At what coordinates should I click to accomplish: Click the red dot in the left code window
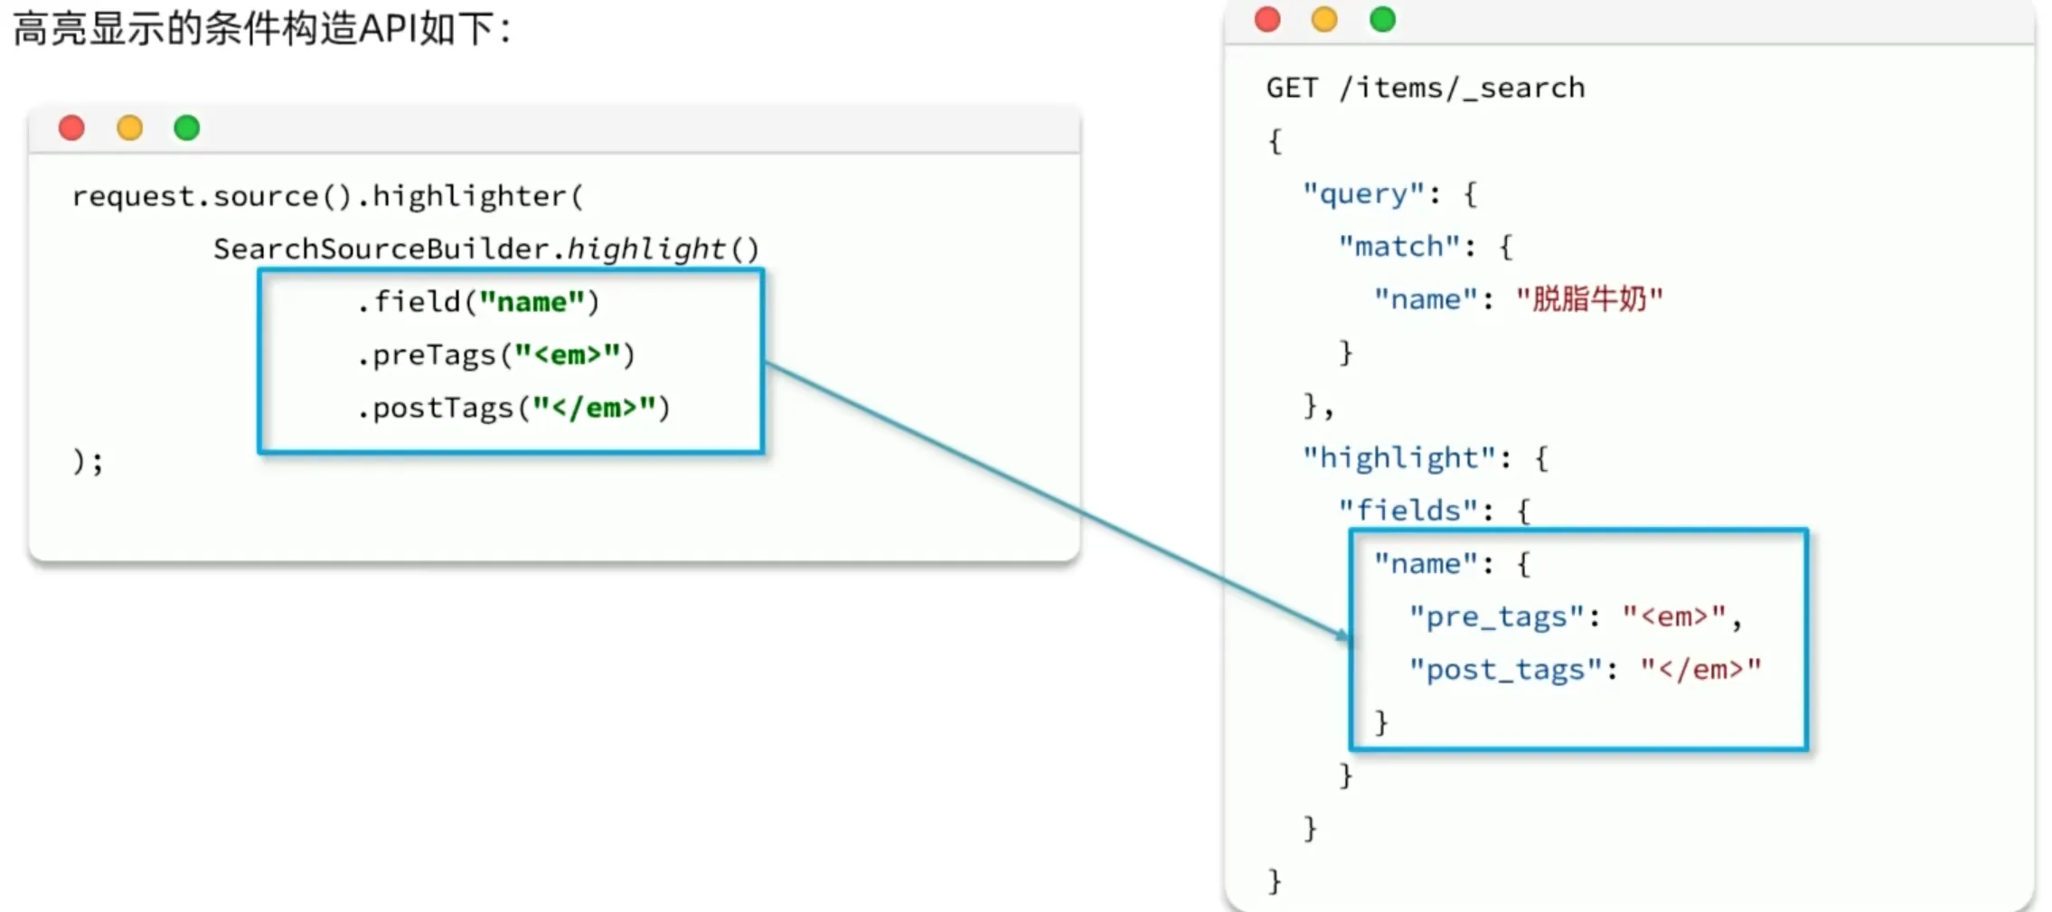tap(71, 128)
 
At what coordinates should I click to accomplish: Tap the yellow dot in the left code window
tap(129, 128)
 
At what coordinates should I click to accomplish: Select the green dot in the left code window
tap(187, 128)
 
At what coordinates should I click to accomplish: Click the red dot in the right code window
tap(1267, 19)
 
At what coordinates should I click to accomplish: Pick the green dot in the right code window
tap(1382, 19)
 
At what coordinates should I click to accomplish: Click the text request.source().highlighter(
tap(327, 196)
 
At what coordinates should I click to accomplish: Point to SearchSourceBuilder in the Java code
tap(381, 249)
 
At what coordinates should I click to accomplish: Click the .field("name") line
tap(477, 302)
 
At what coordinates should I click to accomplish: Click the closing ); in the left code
tap(88, 462)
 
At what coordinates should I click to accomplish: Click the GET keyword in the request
tap(1292, 88)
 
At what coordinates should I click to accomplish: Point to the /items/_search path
tap(1462, 88)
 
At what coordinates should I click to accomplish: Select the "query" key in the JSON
tap(1363, 194)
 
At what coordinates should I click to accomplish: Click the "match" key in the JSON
tap(1399, 247)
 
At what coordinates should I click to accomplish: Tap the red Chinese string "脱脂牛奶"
tap(1589, 299)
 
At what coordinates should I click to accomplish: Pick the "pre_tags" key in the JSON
tap(1497, 616)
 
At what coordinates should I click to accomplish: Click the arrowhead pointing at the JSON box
tap(1343, 634)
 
